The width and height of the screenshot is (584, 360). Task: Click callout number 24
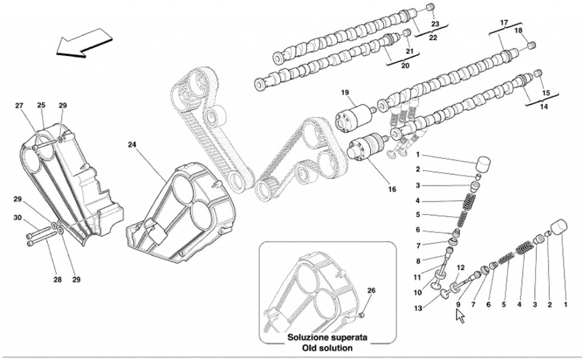pos(132,145)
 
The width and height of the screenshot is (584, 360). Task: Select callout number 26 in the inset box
pos(371,291)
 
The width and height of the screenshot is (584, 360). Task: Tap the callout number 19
pos(345,92)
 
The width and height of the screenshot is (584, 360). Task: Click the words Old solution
pos(327,347)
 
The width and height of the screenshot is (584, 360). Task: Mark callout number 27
pos(19,106)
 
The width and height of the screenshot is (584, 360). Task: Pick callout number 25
pos(41,106)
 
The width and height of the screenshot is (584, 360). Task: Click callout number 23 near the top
pos(435,24)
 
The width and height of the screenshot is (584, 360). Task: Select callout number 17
pos(504,23)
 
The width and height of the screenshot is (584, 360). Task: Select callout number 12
pos(461,268)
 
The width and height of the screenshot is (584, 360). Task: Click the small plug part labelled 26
pos(363,315)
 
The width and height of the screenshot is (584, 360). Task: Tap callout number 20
pos(405,66)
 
